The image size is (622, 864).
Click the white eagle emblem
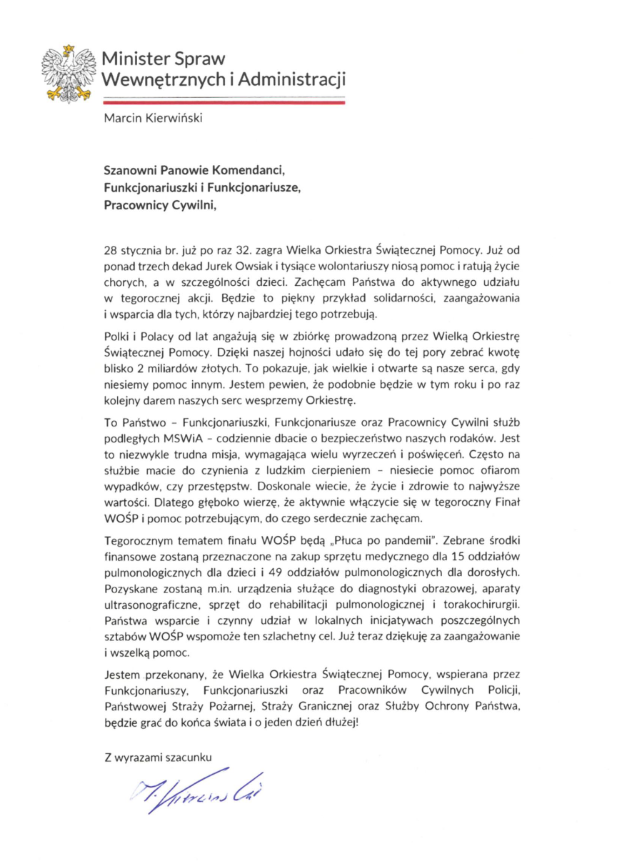tap(69, 73)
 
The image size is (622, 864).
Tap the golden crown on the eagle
tap(69, 49)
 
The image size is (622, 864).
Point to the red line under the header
tap(224, 102)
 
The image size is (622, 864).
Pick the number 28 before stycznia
tap(111, 250)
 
